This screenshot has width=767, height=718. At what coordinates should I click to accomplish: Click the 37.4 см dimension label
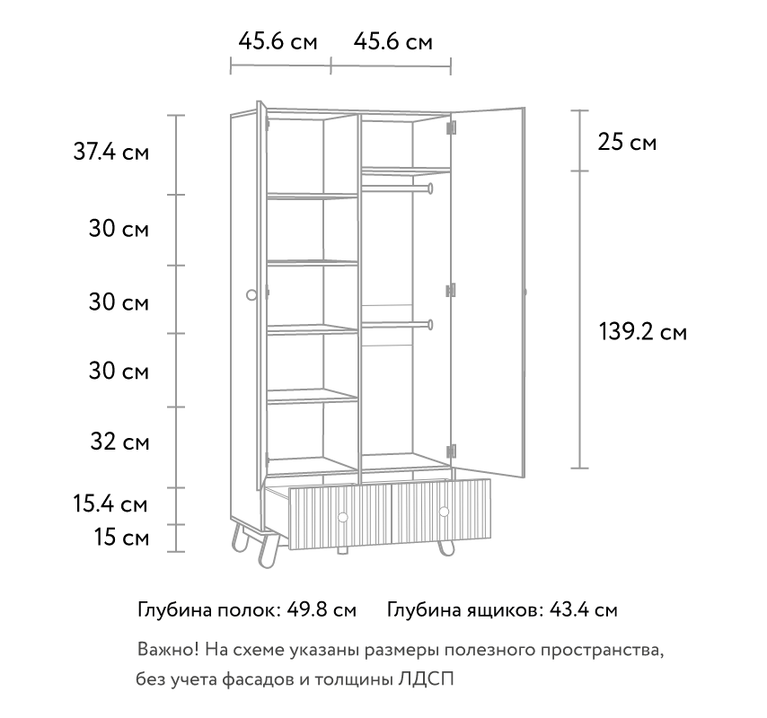tap(111, 152)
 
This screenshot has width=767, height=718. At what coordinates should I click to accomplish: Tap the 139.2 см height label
tap(643, 332)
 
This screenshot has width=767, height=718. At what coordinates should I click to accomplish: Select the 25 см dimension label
tap(627, 142)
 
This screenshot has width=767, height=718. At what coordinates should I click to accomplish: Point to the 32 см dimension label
tap(119, 442)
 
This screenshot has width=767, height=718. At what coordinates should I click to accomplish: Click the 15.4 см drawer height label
tap(110, 503)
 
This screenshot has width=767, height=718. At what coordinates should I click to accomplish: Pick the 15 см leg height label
tap(121, 538)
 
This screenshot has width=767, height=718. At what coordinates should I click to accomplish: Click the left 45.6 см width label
tap(278, 41)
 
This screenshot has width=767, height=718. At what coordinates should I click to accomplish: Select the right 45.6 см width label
tap(392, 41)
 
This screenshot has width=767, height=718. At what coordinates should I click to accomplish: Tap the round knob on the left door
tap(251, 294)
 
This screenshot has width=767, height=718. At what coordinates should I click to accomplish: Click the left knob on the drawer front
tap(342, 517)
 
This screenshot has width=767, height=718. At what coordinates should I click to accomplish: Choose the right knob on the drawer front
tap(445, 512)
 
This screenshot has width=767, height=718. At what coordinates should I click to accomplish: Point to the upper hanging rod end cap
tap(430, 188)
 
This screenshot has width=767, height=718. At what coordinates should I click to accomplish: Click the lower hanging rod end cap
tap(430, 325)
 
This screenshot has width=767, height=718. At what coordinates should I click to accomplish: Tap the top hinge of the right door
tap(451, 127)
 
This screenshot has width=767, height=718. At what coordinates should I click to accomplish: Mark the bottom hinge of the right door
tap(451, 451)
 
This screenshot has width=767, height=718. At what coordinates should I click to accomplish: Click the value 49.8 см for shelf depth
tap(322, 610)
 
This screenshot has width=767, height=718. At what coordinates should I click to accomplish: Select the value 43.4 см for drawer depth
tap(583, 610)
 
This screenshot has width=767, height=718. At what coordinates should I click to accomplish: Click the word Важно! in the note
tap(168, 650)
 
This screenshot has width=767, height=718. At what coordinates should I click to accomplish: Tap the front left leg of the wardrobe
tap(267, 550)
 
